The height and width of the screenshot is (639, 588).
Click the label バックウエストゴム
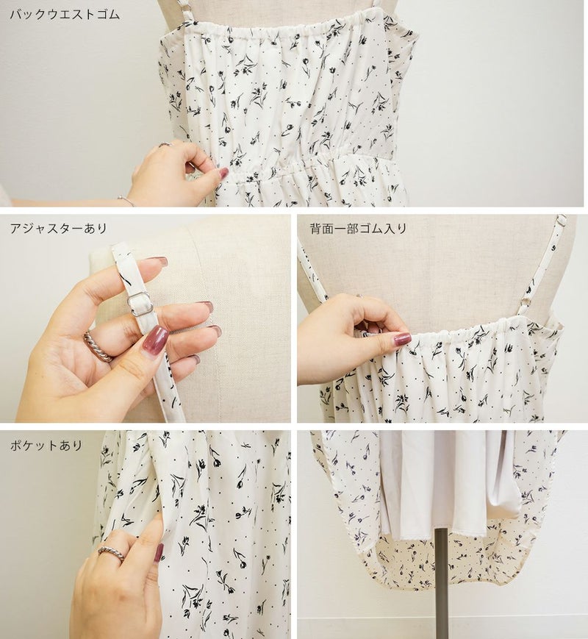tap(65, 15)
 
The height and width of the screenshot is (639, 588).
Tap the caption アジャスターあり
tap(58, 228)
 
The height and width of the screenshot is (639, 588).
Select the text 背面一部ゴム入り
tap(358, 229)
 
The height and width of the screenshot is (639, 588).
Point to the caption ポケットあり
tap(46, 445)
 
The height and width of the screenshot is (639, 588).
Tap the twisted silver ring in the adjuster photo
tap(98, 347)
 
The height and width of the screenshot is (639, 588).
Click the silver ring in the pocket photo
tap(111, 553)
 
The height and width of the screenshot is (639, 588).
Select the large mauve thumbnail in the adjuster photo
tap(155, 338)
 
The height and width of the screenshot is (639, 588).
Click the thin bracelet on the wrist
tap(126, 201)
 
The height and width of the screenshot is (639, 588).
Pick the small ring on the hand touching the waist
tap(165, 144)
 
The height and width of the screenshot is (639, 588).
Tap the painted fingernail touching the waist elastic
tap(223, 173)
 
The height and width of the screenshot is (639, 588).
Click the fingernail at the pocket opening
tap(159, 552)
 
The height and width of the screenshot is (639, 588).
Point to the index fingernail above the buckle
tap(159, 260)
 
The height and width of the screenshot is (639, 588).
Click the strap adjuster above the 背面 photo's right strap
tap(562, 220)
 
